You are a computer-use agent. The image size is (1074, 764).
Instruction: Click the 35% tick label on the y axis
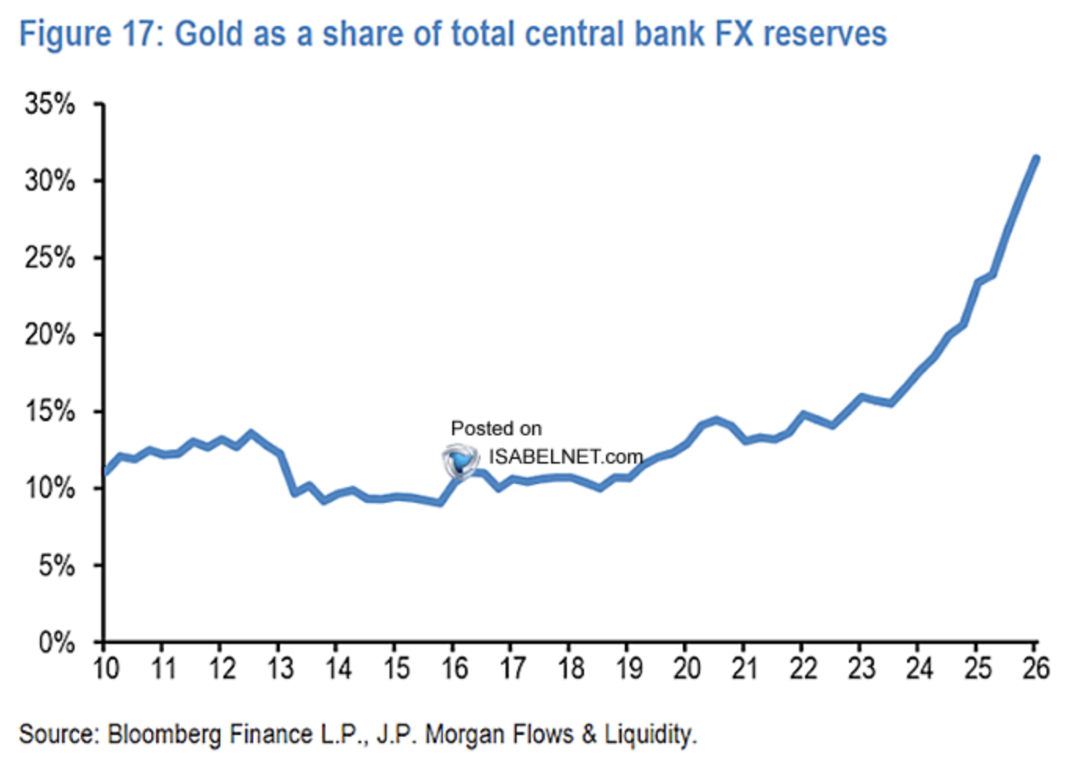[50, 104]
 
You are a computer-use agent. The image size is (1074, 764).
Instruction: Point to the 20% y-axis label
[50, 335]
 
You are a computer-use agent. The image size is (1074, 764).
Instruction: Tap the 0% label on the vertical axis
[56, 643]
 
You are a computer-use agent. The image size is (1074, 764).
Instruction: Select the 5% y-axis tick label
[56, 566]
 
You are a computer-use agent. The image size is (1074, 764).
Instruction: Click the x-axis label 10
[106, 669]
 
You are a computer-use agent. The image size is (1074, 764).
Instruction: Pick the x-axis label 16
[454, 669]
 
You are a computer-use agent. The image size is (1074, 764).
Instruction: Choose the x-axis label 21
[745, 669]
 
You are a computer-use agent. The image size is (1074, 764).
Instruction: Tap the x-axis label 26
[1036, 669]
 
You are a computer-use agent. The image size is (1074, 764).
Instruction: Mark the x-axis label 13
[280, 669]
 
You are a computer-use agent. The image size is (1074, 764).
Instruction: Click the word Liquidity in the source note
[650, 735]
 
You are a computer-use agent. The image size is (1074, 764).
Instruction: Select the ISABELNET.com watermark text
[565, 457]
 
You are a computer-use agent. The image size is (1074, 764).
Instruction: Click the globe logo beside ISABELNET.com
[460, 460]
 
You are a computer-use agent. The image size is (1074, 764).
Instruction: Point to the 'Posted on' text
[495, 428]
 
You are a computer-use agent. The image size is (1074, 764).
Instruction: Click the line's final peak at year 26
[1036, 158]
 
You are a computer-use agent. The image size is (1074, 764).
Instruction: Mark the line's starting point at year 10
[106, 472]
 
